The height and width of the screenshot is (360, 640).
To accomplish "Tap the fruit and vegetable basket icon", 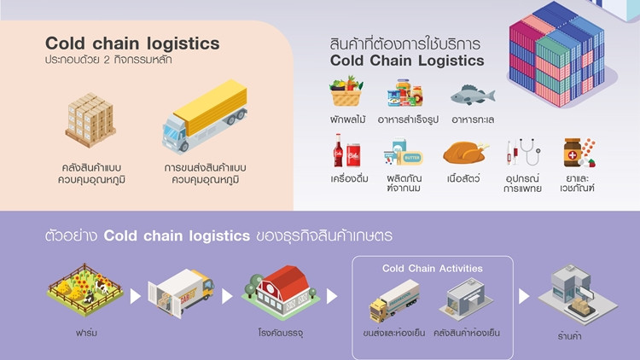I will (x=347, y=90).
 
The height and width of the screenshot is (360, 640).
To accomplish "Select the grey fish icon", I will (x=473, y=93).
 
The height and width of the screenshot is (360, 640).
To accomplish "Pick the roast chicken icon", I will (x=466, y=153).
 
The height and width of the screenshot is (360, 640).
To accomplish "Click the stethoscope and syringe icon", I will (x=522, y=153).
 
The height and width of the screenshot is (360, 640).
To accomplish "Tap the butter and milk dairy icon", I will (x=403, y=153).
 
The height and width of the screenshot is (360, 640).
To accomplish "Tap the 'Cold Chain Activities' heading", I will (x=432, y=268).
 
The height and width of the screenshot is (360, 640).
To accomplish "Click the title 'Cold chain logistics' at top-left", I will (x=132, y=44).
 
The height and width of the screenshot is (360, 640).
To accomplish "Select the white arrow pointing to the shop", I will (x=524, y=296).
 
